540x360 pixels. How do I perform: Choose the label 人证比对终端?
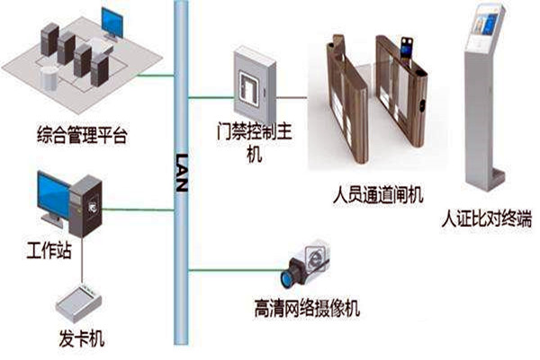tap(487, 219)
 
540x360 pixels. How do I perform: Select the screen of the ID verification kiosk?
tap(484, 20)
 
